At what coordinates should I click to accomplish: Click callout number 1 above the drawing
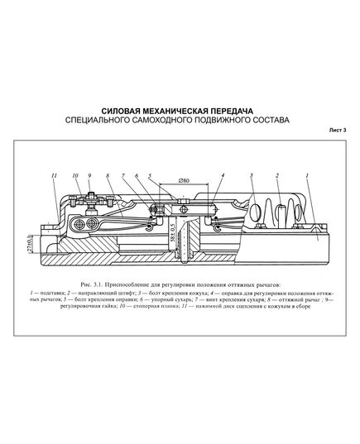tap(307, 176)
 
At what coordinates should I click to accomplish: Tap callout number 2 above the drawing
tap(278, 176)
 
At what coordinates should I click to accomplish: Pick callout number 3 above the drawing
tap(251, 176)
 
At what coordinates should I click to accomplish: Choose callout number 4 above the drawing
tap(223, 176)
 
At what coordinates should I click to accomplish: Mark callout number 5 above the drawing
tap(151, 176)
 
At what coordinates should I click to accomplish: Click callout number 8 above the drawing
tap(108, 176)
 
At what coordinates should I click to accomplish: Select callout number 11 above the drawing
tap(53, 176)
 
